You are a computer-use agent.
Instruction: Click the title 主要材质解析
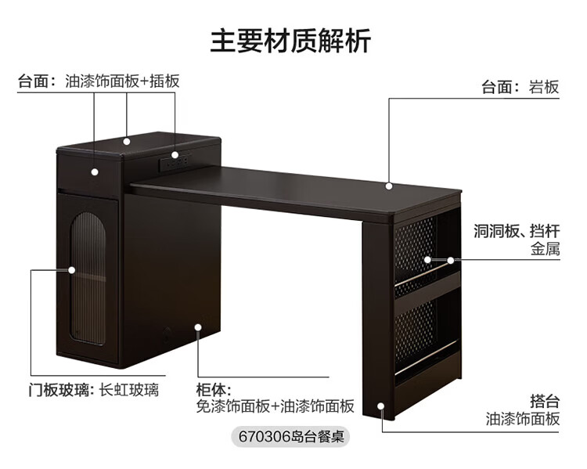point(290,40)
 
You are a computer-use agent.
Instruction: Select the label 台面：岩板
point(520,87)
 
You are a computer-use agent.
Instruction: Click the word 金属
point(545,251)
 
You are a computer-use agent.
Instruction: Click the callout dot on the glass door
point(72,270)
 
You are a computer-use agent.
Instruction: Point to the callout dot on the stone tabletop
point(389,186)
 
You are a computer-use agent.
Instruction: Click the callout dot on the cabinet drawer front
point(95,171)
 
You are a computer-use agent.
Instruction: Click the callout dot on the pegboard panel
point(428,258)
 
